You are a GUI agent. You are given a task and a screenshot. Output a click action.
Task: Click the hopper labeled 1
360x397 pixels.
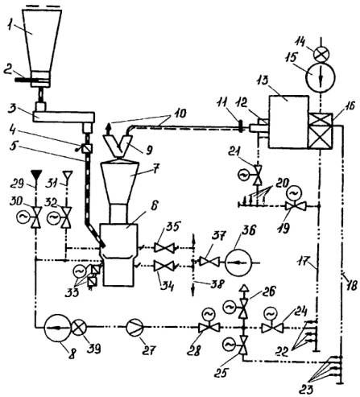pos(42,40)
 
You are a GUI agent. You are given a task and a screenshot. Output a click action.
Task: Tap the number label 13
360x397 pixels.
pos(263,81)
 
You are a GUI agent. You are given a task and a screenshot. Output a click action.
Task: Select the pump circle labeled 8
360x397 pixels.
pos(56,328)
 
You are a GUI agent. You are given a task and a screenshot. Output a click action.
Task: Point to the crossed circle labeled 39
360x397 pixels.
pos(79,328)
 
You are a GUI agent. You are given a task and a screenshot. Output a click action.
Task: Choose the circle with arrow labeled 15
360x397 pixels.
pos(321,77)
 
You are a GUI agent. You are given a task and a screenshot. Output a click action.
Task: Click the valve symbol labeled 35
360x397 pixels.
pos(164,247)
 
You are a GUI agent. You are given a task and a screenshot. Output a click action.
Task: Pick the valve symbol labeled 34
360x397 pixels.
pos(164,267)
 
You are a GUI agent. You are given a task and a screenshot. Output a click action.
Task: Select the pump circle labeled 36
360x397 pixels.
pos(238,263)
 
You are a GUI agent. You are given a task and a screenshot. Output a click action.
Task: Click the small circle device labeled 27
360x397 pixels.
pos(135,327)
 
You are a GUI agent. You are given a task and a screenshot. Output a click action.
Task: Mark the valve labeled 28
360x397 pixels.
pos(209,324)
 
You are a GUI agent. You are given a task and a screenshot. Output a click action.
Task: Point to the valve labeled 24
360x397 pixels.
pos(272,324)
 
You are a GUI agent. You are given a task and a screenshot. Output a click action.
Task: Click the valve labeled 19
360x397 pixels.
pos(295,202)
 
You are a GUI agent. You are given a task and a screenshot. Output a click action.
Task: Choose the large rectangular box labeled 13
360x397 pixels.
pos(288,122)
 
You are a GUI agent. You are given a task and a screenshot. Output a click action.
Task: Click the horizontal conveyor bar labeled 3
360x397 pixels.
pos(64,117)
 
